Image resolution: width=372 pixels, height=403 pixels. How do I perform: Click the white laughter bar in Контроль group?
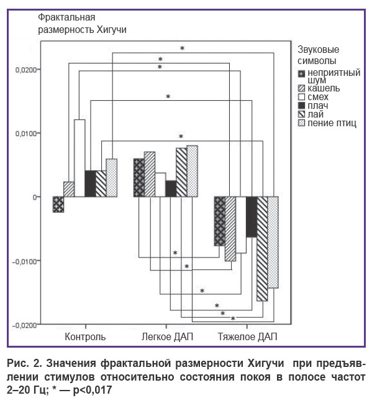79,158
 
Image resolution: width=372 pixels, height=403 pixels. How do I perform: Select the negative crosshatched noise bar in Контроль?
58,205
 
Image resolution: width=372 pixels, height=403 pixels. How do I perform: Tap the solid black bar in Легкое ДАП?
171,188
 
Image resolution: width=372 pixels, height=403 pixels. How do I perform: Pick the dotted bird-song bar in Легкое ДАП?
192,171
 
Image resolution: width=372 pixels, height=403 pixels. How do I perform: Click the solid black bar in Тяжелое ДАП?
252,216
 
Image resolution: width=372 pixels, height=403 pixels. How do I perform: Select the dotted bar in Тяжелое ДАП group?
273,243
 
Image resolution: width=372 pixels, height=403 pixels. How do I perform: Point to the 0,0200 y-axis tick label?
26,70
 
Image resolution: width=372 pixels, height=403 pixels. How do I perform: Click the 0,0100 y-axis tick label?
26,134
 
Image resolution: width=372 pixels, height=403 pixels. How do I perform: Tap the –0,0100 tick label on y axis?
24,262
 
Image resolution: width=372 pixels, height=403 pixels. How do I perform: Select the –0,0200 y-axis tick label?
24,325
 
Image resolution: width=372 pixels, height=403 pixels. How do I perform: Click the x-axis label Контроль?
85,336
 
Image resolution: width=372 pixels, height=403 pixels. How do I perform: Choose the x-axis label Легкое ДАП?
167,336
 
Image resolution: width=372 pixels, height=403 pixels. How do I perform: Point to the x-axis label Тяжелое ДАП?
248,336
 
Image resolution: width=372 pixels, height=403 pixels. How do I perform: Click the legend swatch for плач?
301,106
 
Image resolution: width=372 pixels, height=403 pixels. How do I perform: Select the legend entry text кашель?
324,88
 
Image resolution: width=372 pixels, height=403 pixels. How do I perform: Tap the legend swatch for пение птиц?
301,123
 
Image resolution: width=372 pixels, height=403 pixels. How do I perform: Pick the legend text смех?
318,97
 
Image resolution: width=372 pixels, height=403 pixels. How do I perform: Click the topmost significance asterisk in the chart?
183,48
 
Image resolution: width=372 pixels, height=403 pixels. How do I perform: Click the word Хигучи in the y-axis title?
112,30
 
